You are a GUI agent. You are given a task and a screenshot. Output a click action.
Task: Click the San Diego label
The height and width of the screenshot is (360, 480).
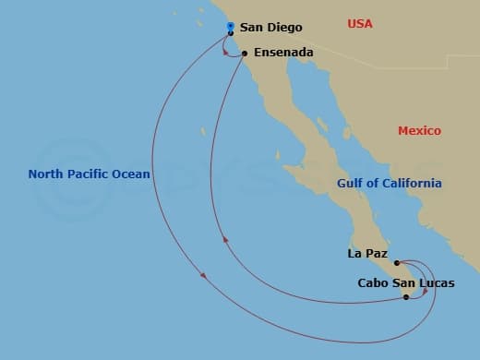(x=270, y=28)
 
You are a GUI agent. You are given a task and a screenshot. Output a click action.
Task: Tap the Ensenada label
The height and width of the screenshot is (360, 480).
(x=282, y=53)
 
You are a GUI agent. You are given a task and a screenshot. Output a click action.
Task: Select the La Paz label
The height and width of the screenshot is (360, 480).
(x=367, y=253)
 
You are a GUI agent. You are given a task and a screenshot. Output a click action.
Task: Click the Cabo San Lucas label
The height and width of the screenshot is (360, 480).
(x=405, y=283)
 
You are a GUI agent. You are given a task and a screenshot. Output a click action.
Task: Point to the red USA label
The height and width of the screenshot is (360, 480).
(x=360, y=23)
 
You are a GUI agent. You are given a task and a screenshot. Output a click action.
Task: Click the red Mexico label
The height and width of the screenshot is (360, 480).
(x=419, y=131)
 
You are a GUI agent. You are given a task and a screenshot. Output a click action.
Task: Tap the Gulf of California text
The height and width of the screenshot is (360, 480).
(x=389, y=183)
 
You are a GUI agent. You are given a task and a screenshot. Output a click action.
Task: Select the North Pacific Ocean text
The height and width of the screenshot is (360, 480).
(x=89, y=174)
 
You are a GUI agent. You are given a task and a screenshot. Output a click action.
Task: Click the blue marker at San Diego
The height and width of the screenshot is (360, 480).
(x=230, y=27)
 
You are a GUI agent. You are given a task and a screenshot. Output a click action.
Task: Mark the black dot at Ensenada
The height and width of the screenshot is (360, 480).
(x=245, y=54)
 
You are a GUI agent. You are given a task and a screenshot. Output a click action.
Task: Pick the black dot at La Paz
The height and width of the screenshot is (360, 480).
(x=397, y=263)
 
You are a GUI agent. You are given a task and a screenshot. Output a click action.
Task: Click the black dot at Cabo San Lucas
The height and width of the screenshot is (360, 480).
(x=406, y=297)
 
